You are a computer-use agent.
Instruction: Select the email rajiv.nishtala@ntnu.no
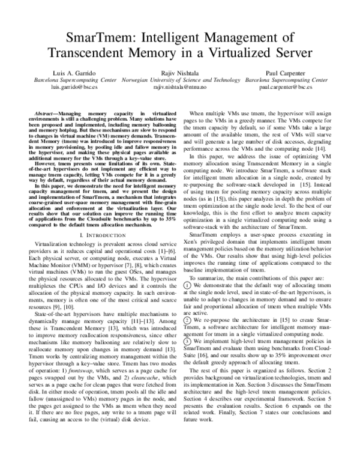[179, 87]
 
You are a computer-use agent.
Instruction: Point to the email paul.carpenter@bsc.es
[286, 87]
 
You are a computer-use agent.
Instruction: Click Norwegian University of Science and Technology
[179, 79]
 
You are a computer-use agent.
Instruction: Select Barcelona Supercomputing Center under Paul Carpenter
[286, 79]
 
